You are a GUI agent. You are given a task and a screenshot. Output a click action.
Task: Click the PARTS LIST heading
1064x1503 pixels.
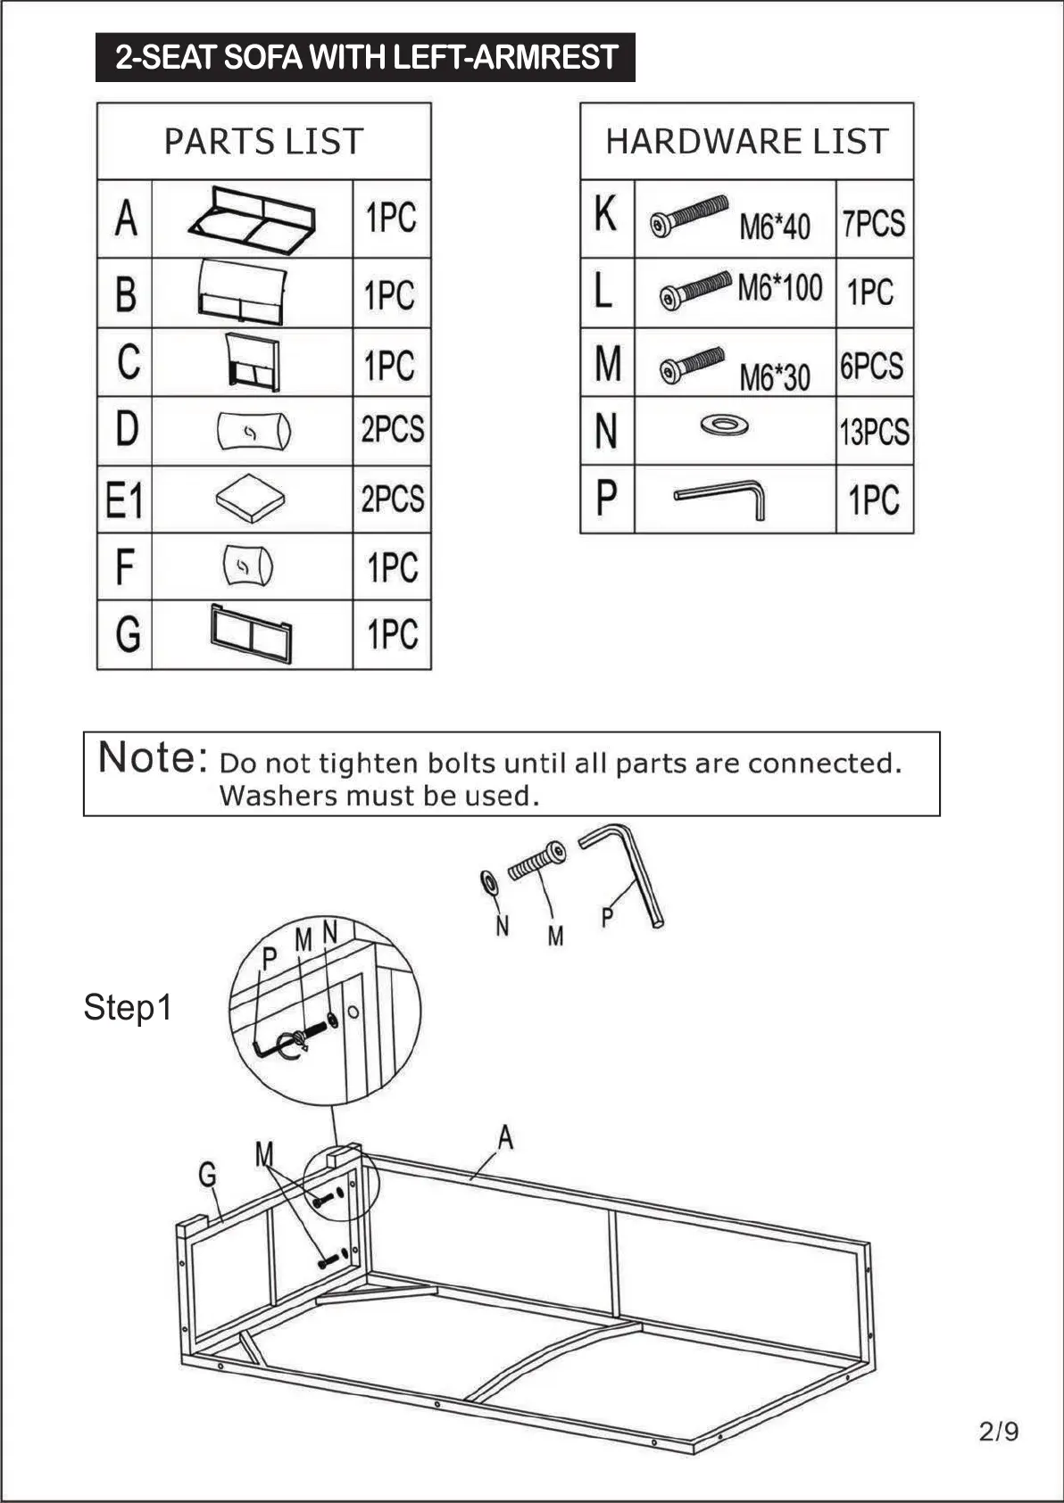coord(263,142)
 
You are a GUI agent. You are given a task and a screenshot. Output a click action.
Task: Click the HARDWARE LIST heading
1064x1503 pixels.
coord(747,142)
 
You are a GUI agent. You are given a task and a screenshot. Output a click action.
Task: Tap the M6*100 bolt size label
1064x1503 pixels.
coord(779,288)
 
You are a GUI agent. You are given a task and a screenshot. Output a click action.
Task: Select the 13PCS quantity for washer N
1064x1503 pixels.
coord(874,433)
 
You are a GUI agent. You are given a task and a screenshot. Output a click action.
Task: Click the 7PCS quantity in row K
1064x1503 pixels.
coord(874,223)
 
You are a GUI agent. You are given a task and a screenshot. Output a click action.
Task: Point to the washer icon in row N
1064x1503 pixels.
coord(724,425)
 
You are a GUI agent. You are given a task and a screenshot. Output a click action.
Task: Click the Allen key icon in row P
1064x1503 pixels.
coord(721,498)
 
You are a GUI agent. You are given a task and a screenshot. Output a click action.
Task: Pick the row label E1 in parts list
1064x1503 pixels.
coord(124,500)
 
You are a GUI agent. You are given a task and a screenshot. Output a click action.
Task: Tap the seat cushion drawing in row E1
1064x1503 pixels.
coord(251,498)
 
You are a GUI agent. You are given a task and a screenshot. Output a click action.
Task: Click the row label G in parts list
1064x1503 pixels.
coord(128,634)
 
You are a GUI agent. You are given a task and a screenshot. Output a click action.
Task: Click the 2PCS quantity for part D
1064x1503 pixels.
coord(392,430)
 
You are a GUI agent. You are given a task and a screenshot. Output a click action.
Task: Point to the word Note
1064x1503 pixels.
coord(153,758)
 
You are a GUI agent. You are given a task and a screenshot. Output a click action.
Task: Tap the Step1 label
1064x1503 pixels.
coord(128,1007)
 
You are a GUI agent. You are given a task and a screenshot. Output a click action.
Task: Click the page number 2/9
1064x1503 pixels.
coord(998,1432)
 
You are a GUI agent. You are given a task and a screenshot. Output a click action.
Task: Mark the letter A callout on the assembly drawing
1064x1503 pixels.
coord(505,1137)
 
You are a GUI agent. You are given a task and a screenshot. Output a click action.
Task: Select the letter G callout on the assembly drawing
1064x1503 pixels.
coord(207,1175)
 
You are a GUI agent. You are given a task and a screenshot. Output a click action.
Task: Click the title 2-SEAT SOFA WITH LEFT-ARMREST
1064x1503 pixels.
coord(366,58)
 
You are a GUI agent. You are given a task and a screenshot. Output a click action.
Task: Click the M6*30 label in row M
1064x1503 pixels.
coord(774,377)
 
